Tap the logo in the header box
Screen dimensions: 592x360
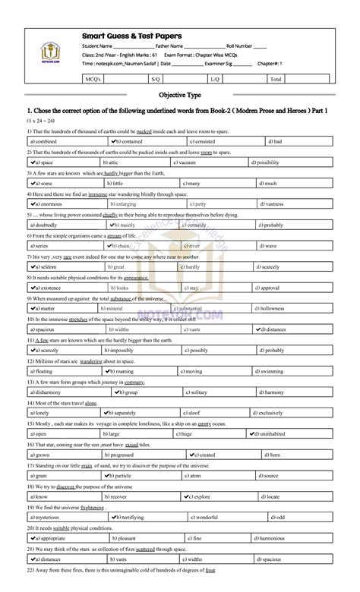point(48,52)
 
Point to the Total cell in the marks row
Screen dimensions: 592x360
point(276,78)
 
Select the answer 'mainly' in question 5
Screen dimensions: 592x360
point(126,225)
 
